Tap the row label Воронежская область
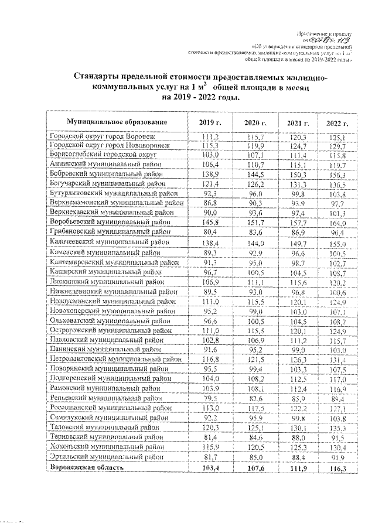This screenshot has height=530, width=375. point(87,469)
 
